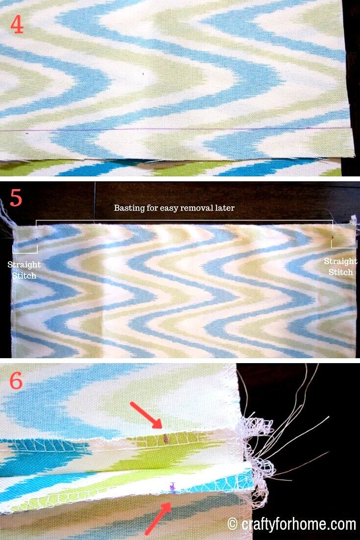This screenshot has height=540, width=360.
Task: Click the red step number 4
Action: (17, 25)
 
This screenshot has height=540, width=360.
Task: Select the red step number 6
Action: (16, 381)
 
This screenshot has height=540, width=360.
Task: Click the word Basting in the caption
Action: (128, 208)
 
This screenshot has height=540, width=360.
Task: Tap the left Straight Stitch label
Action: (24, 270)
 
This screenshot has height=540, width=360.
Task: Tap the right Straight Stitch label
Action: (340, 267)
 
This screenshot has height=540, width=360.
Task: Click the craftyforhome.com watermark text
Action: (299, 524)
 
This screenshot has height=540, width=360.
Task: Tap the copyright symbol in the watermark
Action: (233, 524)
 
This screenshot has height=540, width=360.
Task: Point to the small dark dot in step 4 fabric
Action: (143, 74)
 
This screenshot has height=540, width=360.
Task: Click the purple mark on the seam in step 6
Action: (171, 486)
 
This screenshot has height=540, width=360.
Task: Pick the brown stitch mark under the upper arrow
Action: (166, 438)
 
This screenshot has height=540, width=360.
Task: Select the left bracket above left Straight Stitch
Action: (24, 252)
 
